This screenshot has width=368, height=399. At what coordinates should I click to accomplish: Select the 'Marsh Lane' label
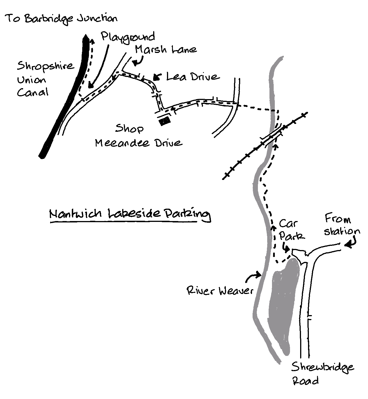166,50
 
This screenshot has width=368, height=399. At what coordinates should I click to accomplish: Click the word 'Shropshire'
45,67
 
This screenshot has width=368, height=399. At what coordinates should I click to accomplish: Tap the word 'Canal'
32,92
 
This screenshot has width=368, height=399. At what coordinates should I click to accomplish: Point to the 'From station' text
341,225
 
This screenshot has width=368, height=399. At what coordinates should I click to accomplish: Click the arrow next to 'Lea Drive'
157,77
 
